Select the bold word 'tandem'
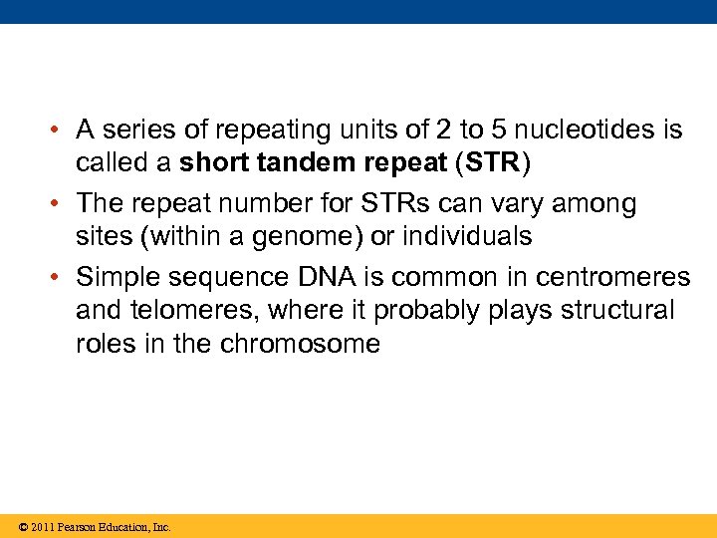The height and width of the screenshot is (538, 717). pyautogui.click(x=318, y=163)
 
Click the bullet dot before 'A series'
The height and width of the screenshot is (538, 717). pyautogui.click(x=60, y=131)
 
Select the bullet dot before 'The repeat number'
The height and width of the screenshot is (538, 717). pyautogui.click(x=60, y=204)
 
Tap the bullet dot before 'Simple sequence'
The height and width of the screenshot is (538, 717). pyautogui.click(x=60, y=277)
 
